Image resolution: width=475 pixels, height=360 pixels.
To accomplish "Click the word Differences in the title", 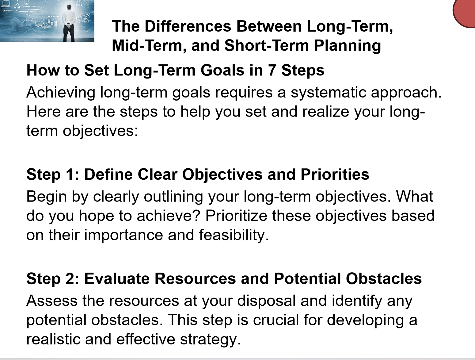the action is point(188,26).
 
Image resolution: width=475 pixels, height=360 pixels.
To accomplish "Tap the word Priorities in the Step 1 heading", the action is point(335,174).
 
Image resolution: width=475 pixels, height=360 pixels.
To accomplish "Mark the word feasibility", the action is point(234,235).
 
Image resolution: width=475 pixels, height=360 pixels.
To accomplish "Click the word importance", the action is point(123,235).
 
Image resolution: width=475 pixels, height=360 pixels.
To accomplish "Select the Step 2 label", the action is point(53,279).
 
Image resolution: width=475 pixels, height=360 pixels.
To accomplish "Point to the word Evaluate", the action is point(117,279).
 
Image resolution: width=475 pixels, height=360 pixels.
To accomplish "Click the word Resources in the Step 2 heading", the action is point(195,279).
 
